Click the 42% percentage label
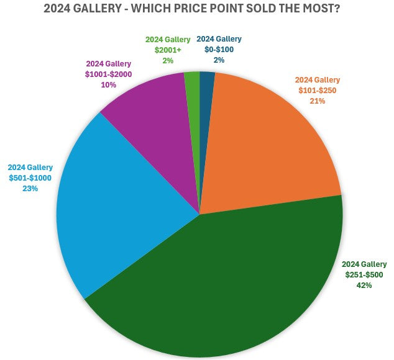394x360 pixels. [x=364, y=285]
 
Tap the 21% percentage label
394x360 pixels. [x=317, y=101]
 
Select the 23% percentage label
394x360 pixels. [x=30, y=188]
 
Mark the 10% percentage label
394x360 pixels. [x=109, y=84]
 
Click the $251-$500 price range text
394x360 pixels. [x=364, y=275]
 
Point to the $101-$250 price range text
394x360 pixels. [x=317, y=91]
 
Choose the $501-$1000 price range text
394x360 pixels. [x=30, y=178]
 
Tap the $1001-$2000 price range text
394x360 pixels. [x=109, y=74]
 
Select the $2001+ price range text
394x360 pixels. [x=168, y=50]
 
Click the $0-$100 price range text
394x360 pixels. [x=219, y=50]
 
